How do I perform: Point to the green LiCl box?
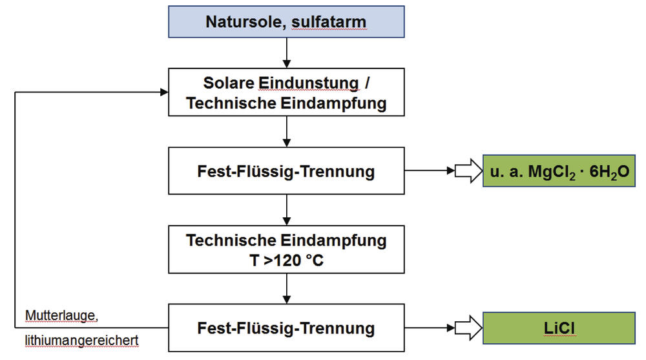[559, 328]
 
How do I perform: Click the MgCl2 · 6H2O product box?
[559, 171]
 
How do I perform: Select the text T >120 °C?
[286, 260]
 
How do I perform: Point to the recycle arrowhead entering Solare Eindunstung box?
[163, 92]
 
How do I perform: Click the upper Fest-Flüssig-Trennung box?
[286, 171]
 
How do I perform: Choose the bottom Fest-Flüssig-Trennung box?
[286, 328]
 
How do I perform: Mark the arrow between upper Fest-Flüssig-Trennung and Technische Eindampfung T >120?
[286, 209]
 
